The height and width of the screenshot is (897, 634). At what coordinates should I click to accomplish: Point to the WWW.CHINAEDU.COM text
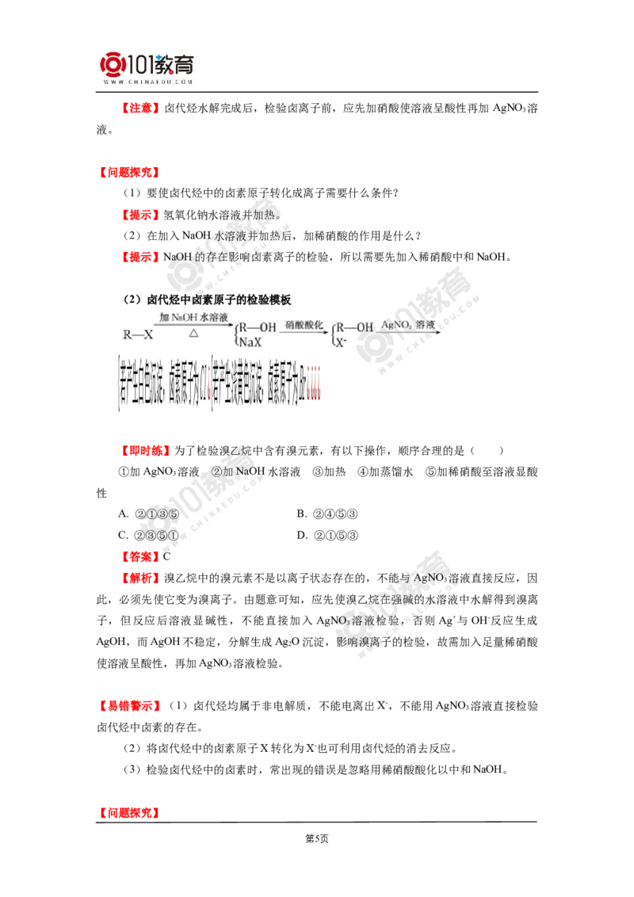(x=147, y=82)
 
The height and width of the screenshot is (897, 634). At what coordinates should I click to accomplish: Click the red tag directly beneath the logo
(x=139, y=108)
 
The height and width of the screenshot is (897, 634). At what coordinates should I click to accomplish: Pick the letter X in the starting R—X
(x=147, y=335)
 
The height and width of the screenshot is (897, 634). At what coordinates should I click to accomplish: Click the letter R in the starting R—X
(x=127, y=335)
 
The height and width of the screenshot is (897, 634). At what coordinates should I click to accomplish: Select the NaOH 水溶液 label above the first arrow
(x=193, y=317)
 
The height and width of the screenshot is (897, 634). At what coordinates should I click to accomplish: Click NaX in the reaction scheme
(x=250, y=343)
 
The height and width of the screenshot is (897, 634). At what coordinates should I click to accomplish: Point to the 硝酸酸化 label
(x=304, y=324)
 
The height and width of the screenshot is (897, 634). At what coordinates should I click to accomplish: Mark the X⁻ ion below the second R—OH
(x=338, y=343)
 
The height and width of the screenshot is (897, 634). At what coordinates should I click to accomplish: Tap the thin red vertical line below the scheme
(x=209, y=383)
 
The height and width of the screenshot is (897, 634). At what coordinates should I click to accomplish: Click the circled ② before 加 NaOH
(x=216, y=471)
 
